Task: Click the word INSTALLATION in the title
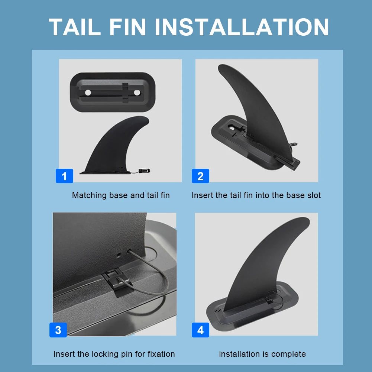(x=242, y=27)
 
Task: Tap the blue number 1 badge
(x=64, y=176)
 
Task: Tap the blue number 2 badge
(x=200, y=176)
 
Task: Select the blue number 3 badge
(x=58, y=330)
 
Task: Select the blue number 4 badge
(x=200, y=330)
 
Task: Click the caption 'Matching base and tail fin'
(x=121, y=195)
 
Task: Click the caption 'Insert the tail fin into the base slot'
(x=256, y=195)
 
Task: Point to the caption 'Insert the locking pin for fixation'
(x=114, y=354)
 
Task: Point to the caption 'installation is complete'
(x=262, y=354)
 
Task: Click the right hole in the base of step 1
(x=137, y=92)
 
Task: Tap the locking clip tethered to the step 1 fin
(x=144, y=171)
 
